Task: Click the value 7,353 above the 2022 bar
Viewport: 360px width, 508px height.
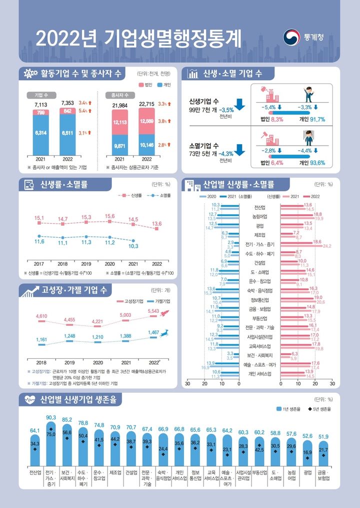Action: pos(67,104)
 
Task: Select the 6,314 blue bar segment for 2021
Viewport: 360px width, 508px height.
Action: pos(41,134)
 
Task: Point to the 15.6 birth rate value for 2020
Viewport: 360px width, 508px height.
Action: pos(109,216)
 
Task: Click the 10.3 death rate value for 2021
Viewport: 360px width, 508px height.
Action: pos(133,246)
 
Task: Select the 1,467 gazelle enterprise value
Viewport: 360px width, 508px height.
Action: pos(153,332)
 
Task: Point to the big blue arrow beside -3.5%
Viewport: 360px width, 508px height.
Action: pos(238,104)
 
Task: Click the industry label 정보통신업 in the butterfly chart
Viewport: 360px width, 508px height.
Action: pos(259,300)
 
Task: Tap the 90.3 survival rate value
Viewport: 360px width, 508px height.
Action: pos(51,417)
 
